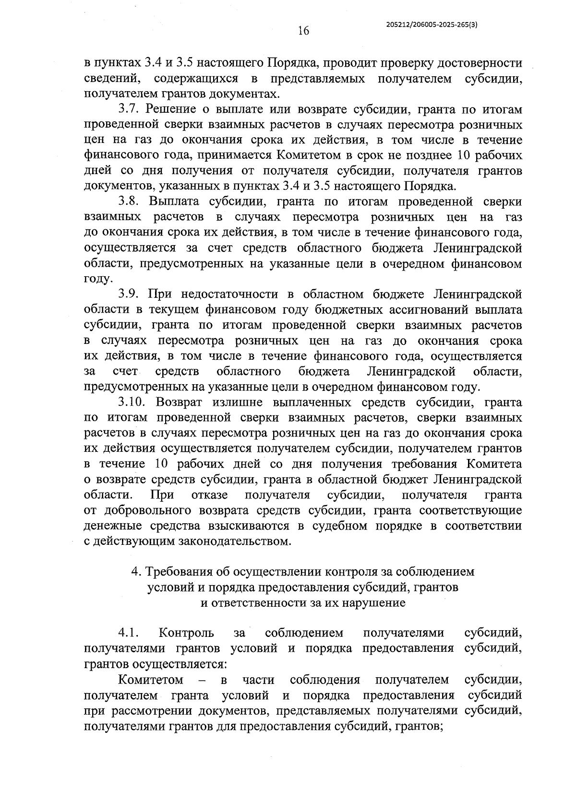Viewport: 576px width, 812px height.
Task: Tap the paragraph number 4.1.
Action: (x=129, y=634)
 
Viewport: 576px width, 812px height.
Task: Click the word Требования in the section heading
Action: (x=172, y=572)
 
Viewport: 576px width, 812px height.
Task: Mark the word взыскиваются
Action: (x=248, y=526)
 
